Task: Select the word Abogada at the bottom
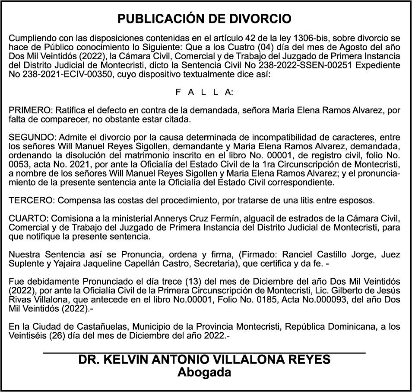click(x=204, y=372)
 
